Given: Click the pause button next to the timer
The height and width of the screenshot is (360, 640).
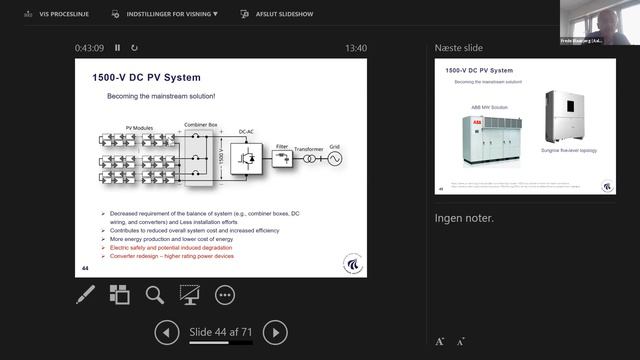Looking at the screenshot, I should point(117,47).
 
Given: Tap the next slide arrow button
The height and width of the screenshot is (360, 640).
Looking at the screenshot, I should point(275,332).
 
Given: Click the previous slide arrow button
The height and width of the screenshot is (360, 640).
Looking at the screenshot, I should point(167,332).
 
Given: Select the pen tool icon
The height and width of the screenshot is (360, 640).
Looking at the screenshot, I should point(86,294).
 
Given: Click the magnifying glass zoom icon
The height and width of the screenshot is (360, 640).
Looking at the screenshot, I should point(154,294).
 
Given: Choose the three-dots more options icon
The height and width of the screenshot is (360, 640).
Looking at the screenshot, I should point(224,294).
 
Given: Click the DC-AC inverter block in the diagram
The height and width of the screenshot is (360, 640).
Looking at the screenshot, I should point(246,158).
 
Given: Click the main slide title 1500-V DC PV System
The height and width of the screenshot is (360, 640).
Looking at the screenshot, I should point(146,77).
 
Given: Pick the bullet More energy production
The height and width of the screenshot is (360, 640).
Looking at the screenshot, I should point(171,240).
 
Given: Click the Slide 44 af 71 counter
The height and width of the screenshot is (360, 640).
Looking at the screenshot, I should point(220,332).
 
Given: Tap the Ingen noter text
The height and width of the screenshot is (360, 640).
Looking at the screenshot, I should point(464,218).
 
